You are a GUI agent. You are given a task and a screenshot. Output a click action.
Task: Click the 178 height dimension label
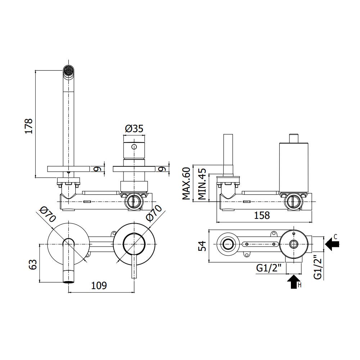29,126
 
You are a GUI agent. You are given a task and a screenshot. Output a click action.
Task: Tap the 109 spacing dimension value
99,285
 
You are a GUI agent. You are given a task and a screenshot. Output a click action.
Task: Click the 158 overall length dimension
262,215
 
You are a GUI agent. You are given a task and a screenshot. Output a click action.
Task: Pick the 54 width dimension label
203,247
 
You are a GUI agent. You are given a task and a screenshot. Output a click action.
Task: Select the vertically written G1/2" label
317,267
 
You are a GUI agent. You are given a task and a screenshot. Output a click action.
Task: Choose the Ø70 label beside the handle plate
153,215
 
